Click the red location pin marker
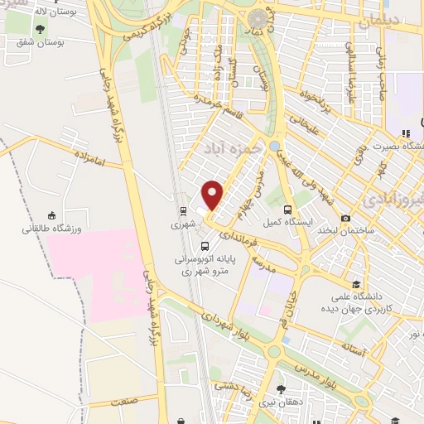tap(213, 195)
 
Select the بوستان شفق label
tap(40, 40)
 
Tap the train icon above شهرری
tap(181, 210)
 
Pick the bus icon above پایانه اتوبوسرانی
tap(205, 245)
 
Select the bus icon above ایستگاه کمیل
tap(287, 210)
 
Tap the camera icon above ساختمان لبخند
tap(344, 217)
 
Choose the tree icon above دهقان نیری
tap(282, 388)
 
